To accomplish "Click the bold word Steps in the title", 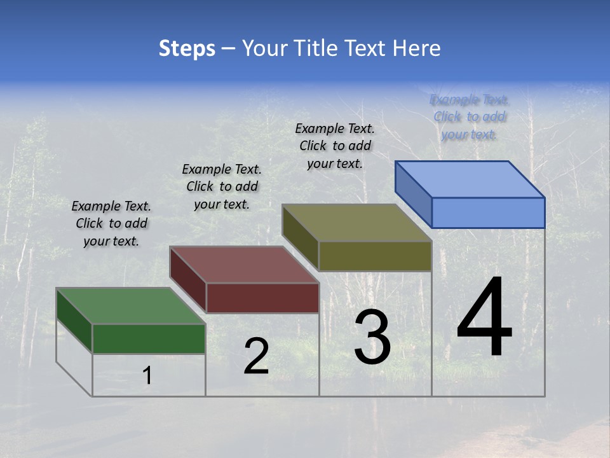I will (187, 48).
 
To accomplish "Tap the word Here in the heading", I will (417, 48).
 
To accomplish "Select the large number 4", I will (484, 317).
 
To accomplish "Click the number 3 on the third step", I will (372, 337).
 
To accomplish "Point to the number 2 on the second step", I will (256, 356).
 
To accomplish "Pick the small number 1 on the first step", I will (147, 376).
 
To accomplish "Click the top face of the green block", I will (130, 306).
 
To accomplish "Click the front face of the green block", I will (149, 338).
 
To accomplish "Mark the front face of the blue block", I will (488, 212).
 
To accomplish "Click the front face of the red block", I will (262, 298).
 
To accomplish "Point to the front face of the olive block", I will (375, 256).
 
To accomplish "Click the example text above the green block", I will (111, 223).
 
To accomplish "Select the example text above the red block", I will (222, 186).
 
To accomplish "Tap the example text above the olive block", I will (335, 146).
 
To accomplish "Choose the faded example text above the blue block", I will (469, 116).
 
